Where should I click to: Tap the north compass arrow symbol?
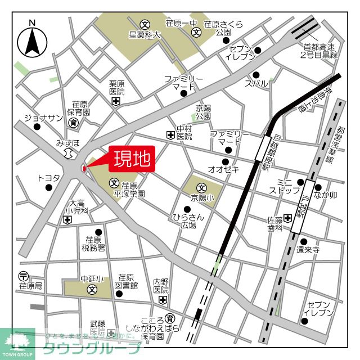point(32,40)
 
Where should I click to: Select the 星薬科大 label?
point(145,35)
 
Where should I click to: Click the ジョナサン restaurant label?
point(35,118)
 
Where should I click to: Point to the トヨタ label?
point(48,178)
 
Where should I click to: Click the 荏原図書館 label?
point(125,281)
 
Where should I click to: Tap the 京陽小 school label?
point(202,198)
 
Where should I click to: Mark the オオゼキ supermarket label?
point(223,169)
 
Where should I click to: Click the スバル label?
point(256,83)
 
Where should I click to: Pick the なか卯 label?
point(326,195)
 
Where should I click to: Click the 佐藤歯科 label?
point(274,224)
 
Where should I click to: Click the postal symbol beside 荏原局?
point(23,276)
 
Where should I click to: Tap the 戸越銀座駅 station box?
point(263,148)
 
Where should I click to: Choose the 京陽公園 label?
point(203,112)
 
